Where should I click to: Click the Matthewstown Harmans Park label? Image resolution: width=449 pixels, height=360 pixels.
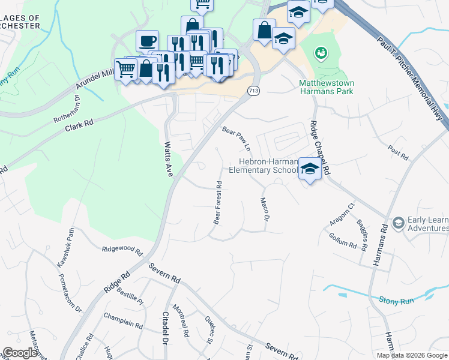pos(326,87)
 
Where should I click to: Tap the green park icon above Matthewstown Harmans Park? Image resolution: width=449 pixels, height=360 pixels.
pos(321,53)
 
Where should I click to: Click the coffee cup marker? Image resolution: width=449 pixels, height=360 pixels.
pos(147,41)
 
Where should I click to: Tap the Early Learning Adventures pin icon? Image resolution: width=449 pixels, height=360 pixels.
pos(397,224)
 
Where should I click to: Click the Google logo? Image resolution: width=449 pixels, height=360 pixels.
pos(20,353)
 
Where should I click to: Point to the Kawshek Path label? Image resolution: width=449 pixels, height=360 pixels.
pos(66,247)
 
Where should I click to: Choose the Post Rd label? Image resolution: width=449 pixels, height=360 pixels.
pos(398,153)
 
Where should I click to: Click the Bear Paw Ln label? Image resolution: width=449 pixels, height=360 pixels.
pos(237,139)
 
